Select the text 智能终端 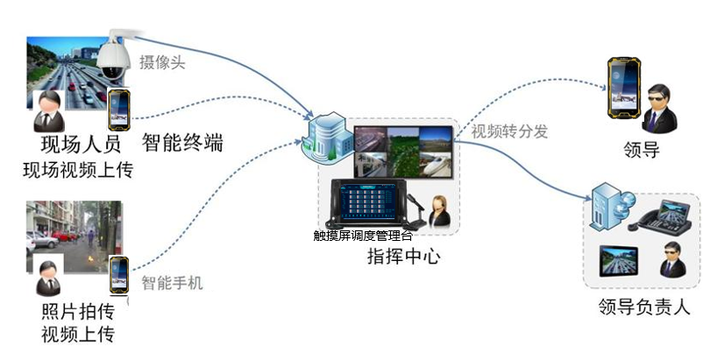[x=181, y=142]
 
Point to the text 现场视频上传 [x=78, y=169]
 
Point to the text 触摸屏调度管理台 [x=362, y=236]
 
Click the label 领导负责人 [x=645, y=307]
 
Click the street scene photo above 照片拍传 [x=75, y=232]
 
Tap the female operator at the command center [x=438, y=213]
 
